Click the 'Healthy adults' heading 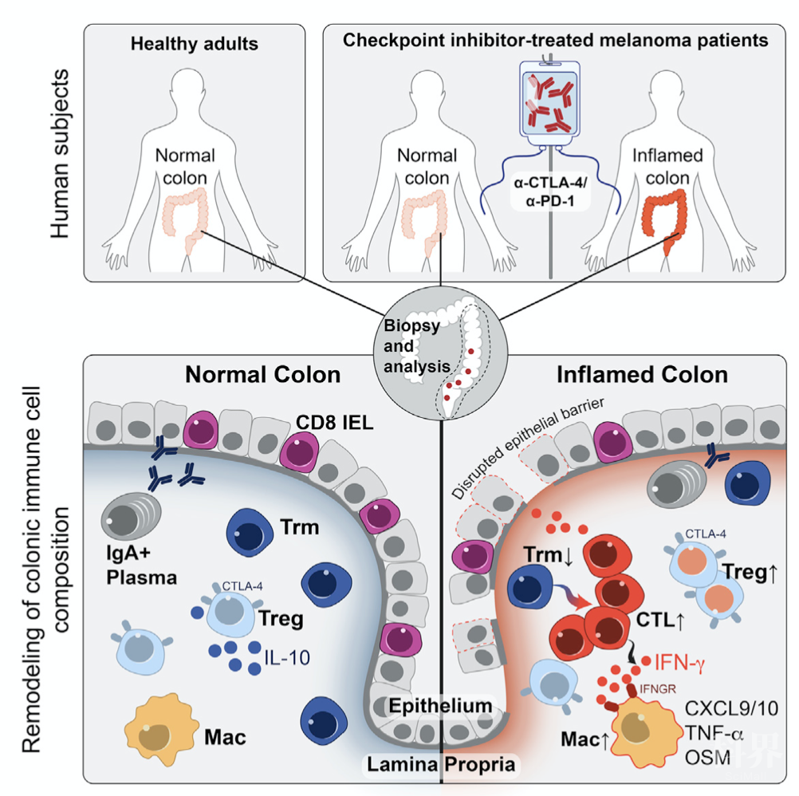[x=195, y=43]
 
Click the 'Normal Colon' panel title [x=263, y=374]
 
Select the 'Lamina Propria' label [x=441, y=764]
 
